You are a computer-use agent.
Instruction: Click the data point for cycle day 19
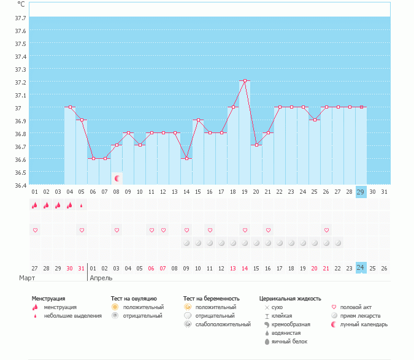point(245,81)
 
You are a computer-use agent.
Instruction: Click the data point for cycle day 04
point(70,107)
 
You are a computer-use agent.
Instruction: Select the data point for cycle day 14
point(186,158)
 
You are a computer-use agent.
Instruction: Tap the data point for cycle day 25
point(315,120)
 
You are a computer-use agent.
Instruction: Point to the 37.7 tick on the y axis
point(20,18)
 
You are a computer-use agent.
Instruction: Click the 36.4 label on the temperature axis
point(20,185)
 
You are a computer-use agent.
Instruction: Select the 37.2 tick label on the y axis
point(20,82)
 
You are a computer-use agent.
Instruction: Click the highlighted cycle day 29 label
point(361,192)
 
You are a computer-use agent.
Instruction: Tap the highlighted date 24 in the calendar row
point(361,267)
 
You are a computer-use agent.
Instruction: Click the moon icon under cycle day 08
point(117,178)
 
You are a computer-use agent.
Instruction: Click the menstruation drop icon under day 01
point(35,205)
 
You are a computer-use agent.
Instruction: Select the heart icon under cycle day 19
point(245,230)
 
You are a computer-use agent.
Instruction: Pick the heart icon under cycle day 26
point(326,230)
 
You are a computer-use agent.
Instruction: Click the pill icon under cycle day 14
point(186,243)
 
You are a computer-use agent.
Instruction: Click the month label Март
point(27,278)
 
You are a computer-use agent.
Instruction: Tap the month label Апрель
point(101,278)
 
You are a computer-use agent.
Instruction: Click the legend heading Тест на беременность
point(211,299)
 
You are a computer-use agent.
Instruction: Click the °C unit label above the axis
point(21,4)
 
